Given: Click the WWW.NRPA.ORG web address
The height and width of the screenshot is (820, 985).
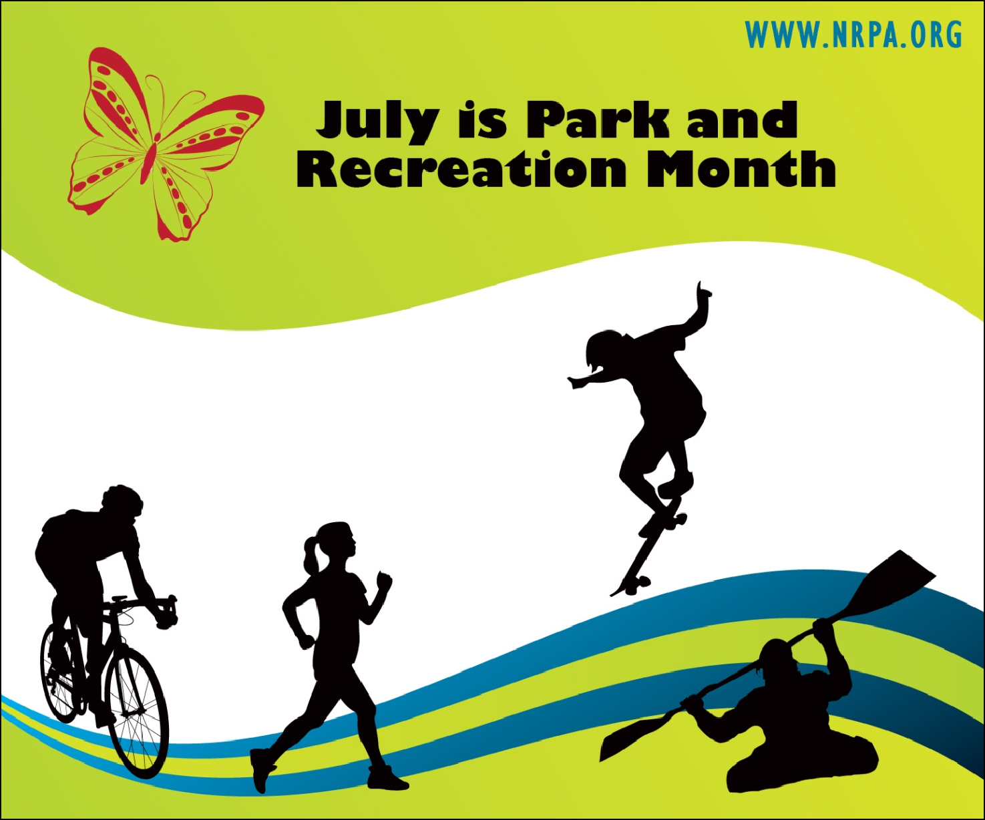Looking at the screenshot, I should point(853,35).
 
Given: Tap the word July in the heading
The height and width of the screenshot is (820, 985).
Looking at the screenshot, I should point(377,121).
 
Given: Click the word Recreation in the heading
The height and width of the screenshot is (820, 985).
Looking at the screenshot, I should point(461,168).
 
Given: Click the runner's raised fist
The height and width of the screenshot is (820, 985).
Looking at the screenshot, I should point(384,582).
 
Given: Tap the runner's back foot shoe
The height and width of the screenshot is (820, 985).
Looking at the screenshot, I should point(262,768).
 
